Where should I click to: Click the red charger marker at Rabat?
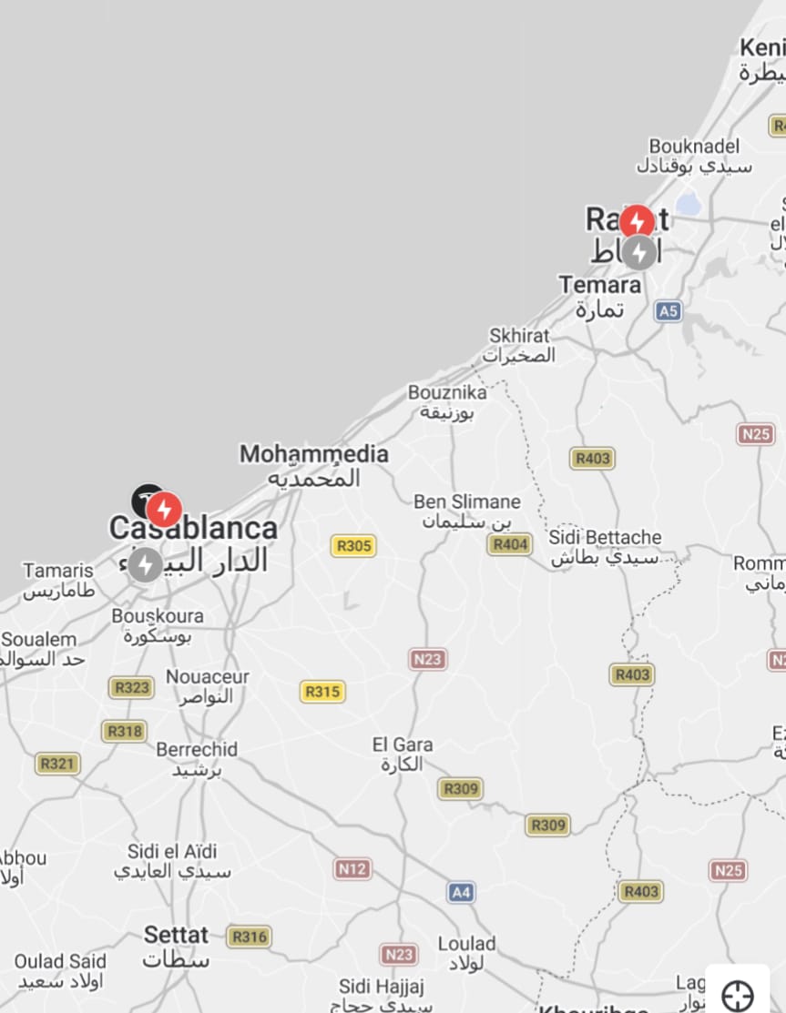click(x=637, y=220)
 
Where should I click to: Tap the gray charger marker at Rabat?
click(x=639, y=252)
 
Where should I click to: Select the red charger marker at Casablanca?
click(x=165, y=510)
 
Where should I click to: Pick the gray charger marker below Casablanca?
click(x=145, y=565)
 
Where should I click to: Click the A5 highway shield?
click(x=669, y=311)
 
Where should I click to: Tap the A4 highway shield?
click(x=462, y=892)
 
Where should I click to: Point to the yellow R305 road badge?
click(x=353, y=546)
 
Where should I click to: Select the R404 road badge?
click(x=509, y=544)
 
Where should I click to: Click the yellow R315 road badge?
click(x=322, y=692)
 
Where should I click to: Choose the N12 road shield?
click(x=352, y=868)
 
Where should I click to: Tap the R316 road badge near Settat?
click(x=249, y=937)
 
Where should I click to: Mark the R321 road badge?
click(x=56, y=764)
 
